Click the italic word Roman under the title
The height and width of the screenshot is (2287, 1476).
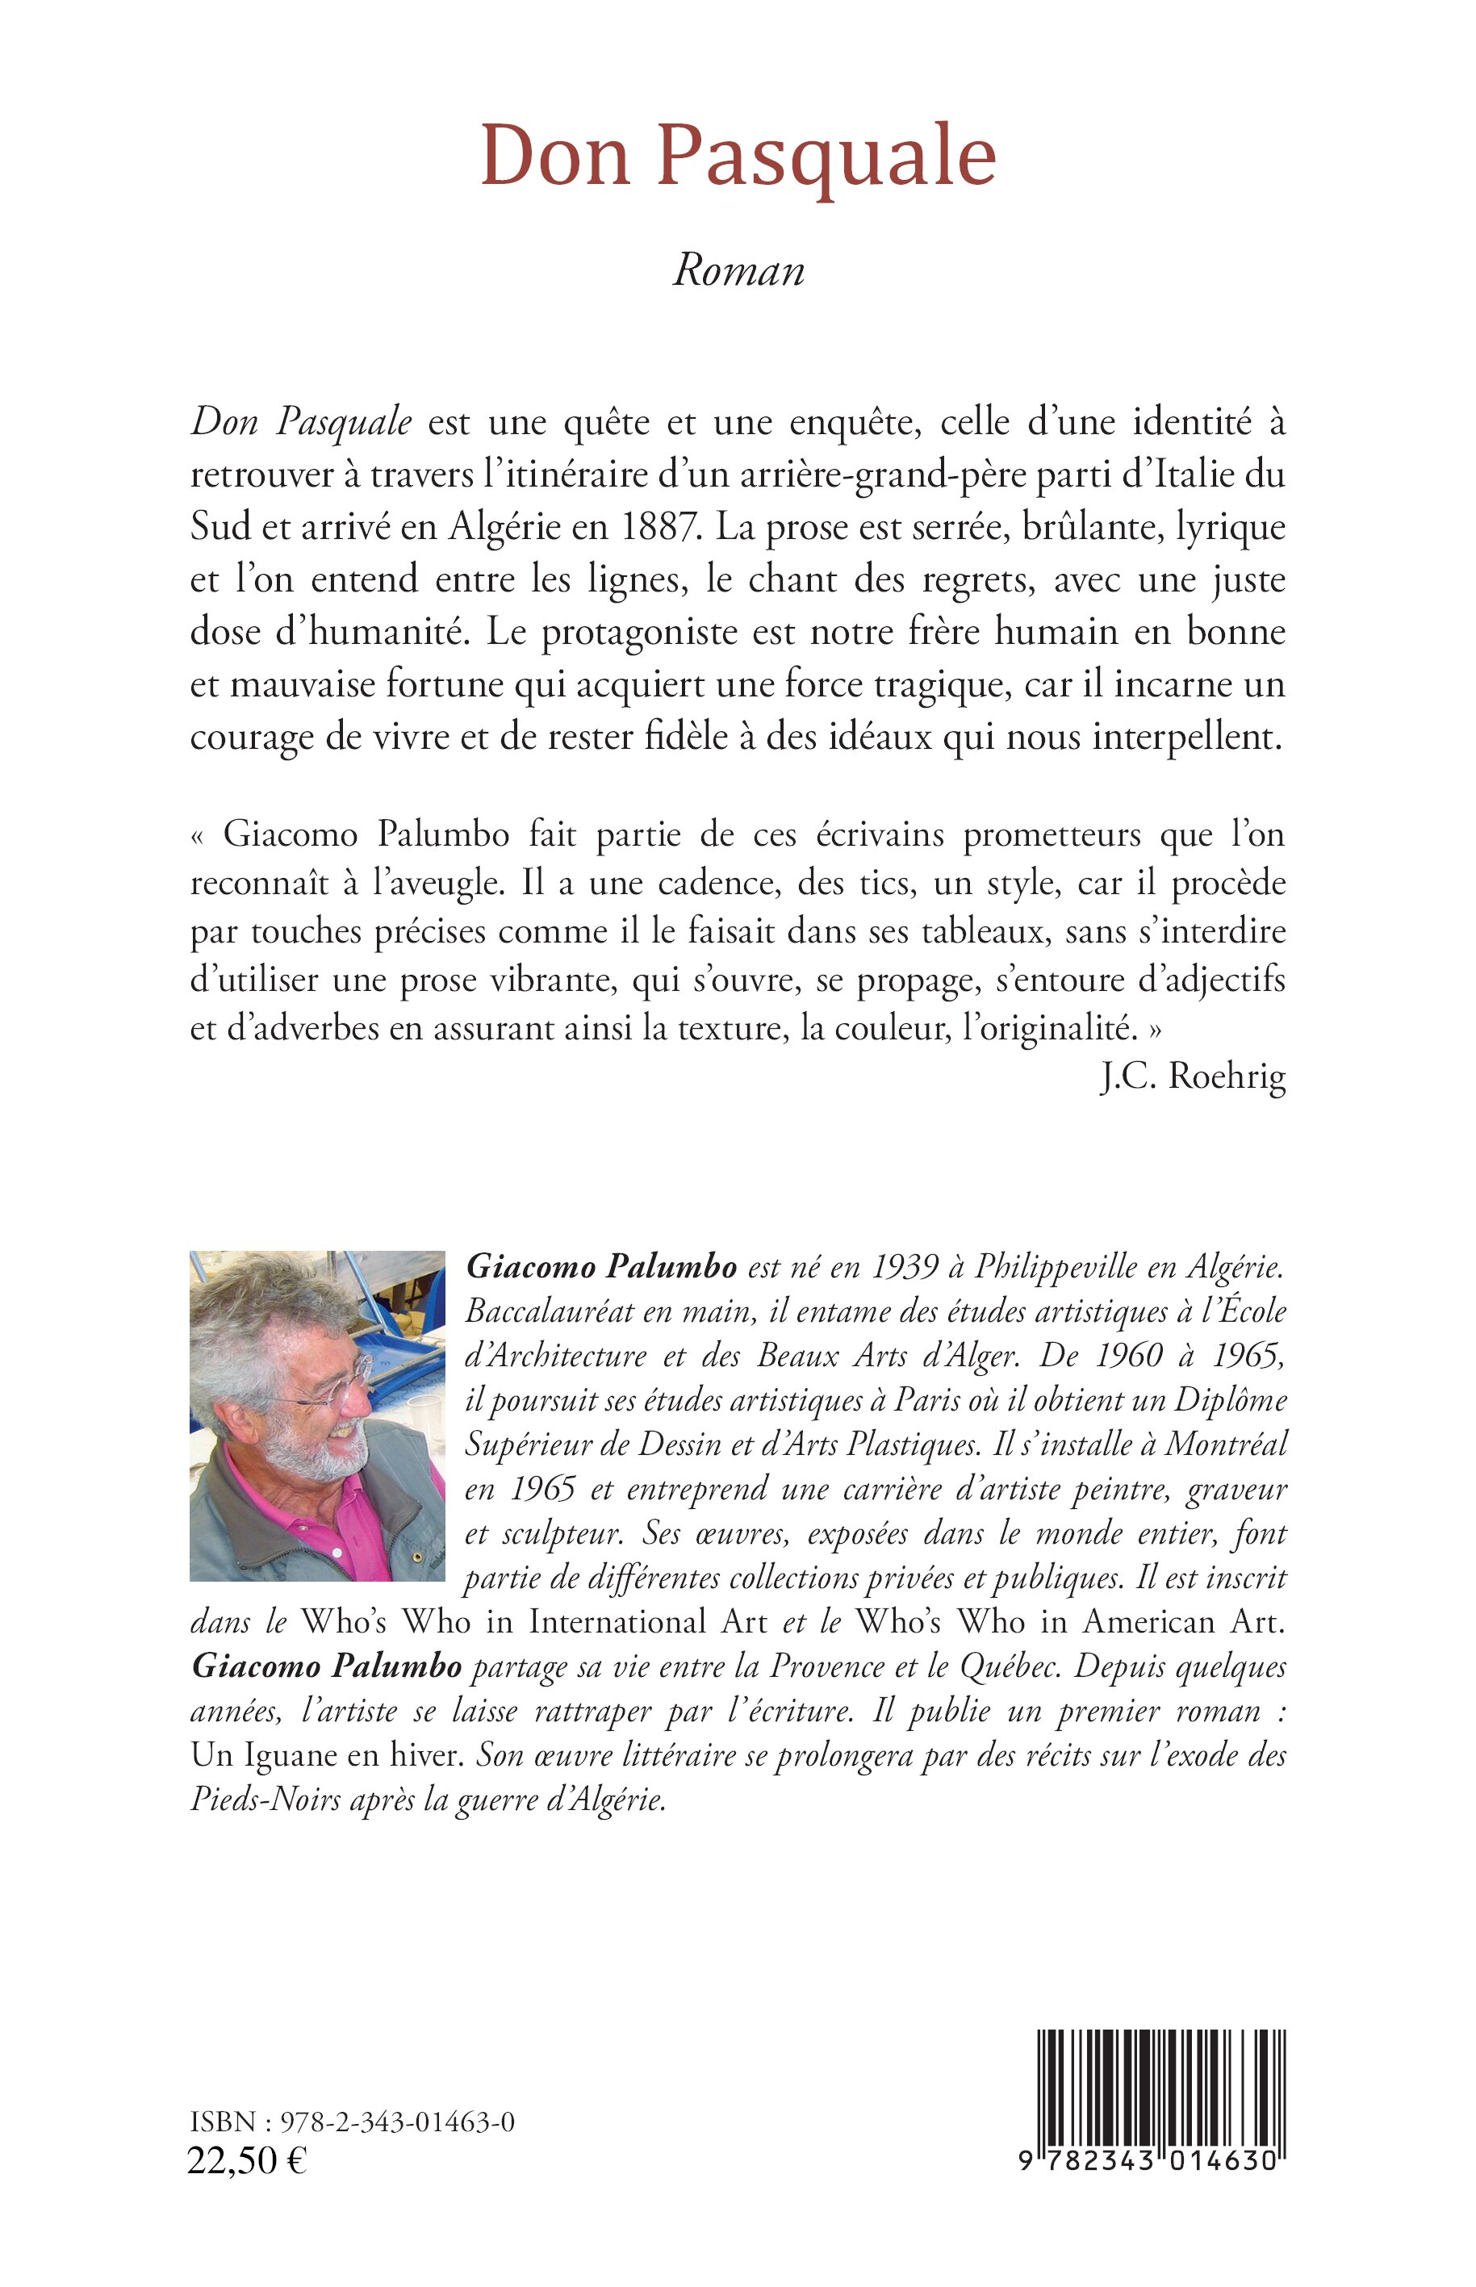[738, 271]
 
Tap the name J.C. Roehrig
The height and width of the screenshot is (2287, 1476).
[1192, 1077]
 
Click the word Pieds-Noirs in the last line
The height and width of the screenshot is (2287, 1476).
[266, 1799]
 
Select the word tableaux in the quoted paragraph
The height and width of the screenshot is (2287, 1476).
[1003, 932]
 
